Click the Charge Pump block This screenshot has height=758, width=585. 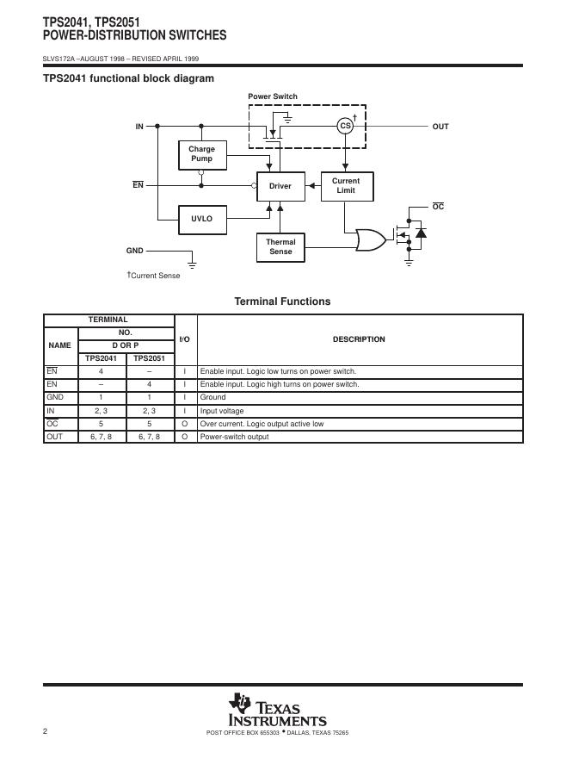202,154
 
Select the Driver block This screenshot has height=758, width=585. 280,186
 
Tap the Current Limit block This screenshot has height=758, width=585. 346,186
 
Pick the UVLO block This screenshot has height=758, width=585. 202,219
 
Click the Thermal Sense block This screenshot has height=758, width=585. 280,247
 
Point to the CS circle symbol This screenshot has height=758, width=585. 345,126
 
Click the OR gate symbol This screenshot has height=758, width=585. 371,239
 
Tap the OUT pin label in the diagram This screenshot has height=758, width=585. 440,127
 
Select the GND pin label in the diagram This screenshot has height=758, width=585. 135,251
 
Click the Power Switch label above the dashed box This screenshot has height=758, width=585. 273,96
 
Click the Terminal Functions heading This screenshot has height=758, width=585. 282,301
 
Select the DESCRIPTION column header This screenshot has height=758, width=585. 359,339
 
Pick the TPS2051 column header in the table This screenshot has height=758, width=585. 149,358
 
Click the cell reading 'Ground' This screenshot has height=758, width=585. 213,397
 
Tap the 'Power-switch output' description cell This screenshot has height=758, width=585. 234,437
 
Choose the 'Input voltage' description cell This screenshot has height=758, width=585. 222,411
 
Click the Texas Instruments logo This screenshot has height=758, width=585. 277,711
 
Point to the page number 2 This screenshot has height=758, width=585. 45,732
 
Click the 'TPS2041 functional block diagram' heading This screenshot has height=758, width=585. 128,78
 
